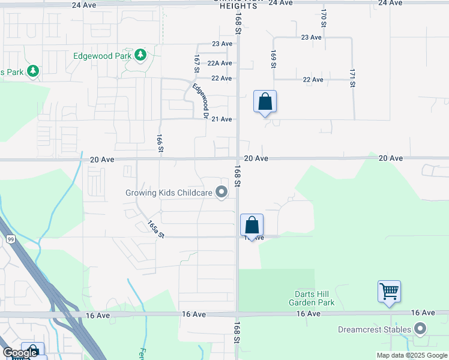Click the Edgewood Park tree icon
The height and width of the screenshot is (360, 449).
(x=141, y=56)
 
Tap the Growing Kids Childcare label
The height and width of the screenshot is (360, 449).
(x=169, y=193)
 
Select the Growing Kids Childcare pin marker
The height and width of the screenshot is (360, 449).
(x=221, y=193)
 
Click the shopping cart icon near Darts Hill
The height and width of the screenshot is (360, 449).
(x=390, y=292)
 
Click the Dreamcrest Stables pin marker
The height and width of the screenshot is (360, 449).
(x=420, y=329)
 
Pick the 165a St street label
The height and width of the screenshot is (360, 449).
(x=155, y=229)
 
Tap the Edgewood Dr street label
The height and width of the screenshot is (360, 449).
(x=200, y=100)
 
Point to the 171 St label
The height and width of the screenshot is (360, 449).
(x=352, y=78)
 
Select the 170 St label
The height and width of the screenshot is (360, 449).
(x=323, y=18)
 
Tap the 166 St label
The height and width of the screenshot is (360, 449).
(x=160, y=143)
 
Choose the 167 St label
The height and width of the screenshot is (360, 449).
(x=196, y=64)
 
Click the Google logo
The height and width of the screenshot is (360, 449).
(x=20, y=353)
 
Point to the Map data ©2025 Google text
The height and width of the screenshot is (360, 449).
(x=412, y=355)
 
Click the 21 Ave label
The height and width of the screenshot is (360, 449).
(x=222, y=119)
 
